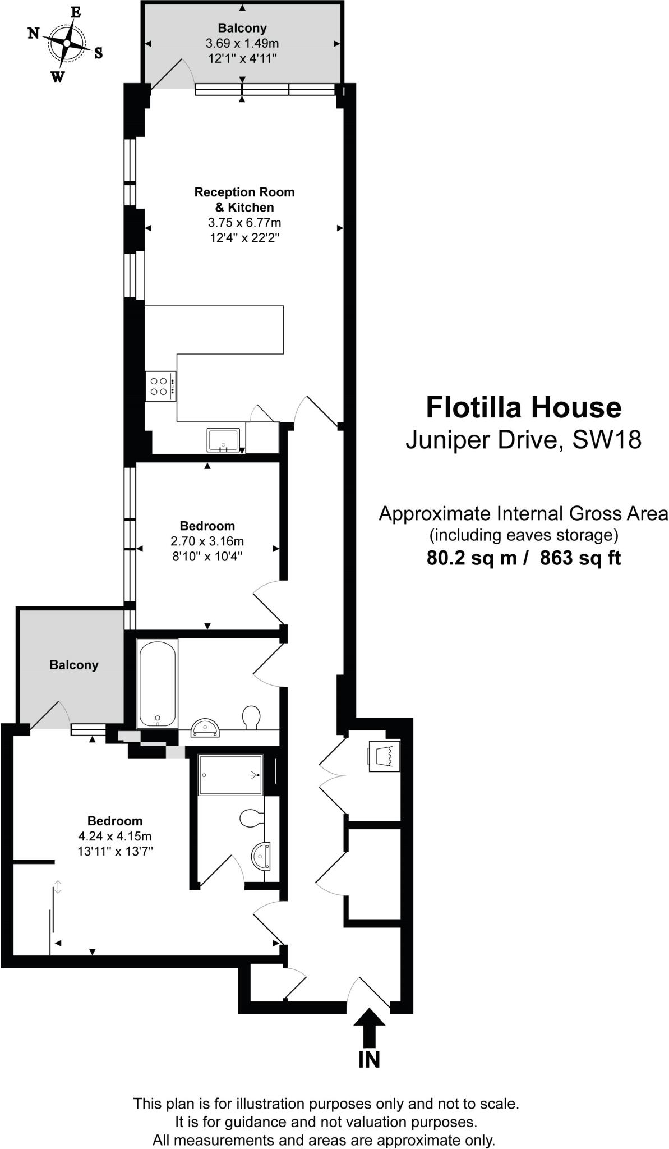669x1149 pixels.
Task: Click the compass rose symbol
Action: [66, 43]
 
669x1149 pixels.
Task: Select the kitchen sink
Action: [223, 440]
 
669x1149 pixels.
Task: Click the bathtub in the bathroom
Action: [158, 683]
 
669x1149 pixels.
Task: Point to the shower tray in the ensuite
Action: [230, 775]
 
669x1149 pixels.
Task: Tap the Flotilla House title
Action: [523, 407]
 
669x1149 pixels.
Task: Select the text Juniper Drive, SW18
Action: [523, 439]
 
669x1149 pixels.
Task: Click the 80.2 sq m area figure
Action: [472, 558]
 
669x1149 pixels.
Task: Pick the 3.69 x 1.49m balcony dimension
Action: [242, 43]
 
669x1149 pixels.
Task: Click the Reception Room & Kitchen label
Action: [244, 200]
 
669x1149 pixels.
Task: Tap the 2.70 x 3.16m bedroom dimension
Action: [207, 541]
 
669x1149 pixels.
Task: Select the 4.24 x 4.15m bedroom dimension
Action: [115, 836]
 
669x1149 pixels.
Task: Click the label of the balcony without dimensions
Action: [74, 665]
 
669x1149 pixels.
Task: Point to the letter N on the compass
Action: [34, 34]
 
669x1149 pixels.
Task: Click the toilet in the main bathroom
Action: [251, 717]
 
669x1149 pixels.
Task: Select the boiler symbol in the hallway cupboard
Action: [384, 756]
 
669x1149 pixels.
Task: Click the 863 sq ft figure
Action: [580, 558]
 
